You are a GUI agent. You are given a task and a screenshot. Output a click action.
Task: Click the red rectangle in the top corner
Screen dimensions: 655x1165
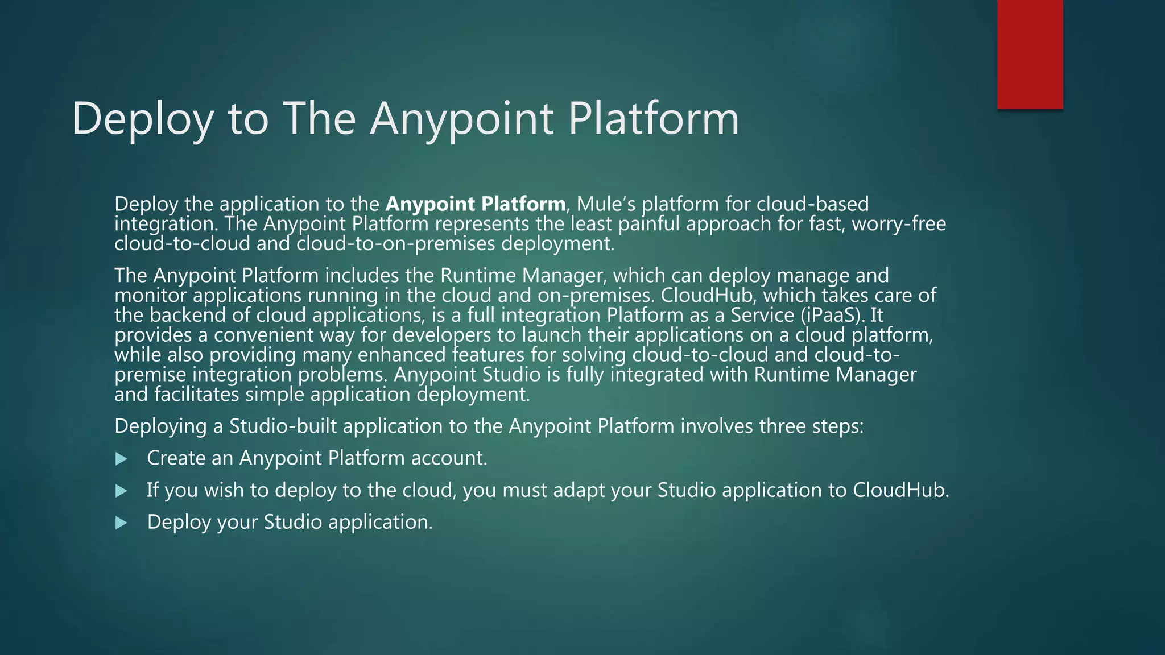(1030, 54)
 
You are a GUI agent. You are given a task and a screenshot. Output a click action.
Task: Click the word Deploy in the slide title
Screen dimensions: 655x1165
(143, 119)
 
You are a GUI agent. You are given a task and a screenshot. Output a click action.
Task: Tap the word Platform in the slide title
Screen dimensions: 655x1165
(654, 119)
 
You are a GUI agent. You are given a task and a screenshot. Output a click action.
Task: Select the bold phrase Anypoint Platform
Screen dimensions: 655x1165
(476, 204)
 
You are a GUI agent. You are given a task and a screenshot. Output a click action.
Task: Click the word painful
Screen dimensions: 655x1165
(649, 223)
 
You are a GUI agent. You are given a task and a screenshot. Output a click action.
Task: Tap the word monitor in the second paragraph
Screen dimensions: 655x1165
(151, 295)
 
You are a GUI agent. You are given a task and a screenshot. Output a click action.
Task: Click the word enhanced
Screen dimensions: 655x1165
(402, 355)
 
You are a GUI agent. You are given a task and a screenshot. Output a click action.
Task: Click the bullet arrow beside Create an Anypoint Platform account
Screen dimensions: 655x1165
(121, 459)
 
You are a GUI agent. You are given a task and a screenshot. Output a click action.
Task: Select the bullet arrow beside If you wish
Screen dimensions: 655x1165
(121, 491)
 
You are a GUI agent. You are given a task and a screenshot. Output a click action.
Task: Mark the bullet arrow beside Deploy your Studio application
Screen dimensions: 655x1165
(121, 523)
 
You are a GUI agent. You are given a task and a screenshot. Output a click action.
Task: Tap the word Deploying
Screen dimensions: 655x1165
(160, 426)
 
